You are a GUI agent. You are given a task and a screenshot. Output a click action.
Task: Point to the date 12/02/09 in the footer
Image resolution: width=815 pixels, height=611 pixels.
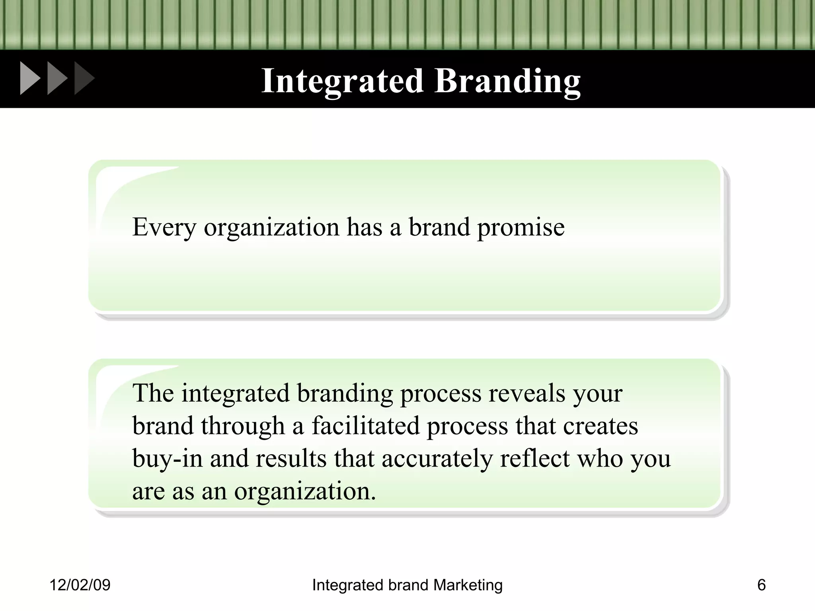pyautogui.click(x=80, y=585)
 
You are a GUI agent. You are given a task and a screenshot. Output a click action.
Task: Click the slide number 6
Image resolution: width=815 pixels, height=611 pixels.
pyautogui.click(x=761, y=585)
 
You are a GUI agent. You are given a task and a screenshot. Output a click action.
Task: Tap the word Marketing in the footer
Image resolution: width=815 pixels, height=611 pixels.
pyautogui.click(x=468, y=585)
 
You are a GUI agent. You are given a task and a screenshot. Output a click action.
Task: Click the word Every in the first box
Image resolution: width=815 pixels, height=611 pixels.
pyautogui.click(x=164, y=228)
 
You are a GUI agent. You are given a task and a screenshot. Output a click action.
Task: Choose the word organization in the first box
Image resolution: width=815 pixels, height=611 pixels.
pyautogui.click(x=271, y=228)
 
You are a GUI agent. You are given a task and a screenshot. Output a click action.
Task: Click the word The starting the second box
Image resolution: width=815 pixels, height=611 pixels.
pyautogui.click(x=153, y=393)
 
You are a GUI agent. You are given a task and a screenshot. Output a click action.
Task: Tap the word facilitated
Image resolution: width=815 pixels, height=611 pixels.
pyautogui.click(x=365, y=426)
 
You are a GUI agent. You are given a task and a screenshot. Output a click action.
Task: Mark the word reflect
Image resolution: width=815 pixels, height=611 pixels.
pyautogui.click(x=535, y=459)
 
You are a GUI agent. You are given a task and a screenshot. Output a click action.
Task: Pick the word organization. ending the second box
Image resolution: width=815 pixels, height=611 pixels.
pyautogui.click(x=305, y=491)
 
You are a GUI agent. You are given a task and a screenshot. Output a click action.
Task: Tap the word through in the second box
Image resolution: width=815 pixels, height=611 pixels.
pyautogui.click(x=243, y=426)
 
